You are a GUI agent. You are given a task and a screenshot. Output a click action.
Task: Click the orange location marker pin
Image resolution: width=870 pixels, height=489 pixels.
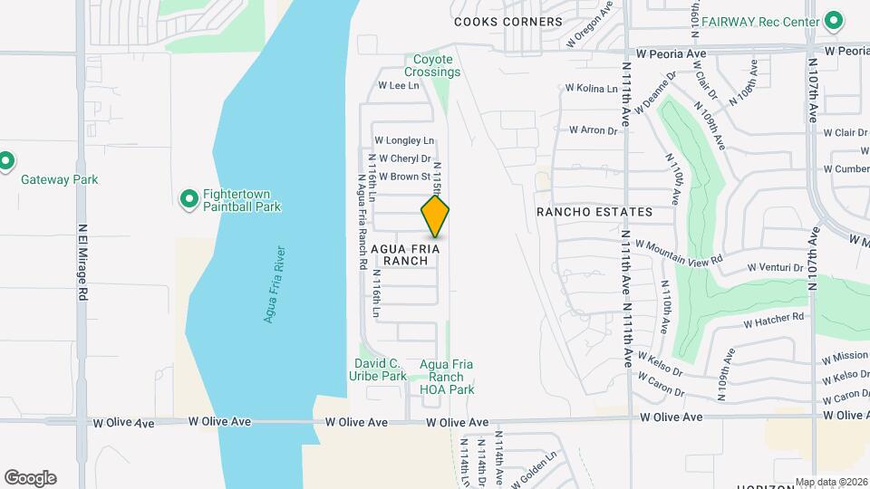(x=436, y=216)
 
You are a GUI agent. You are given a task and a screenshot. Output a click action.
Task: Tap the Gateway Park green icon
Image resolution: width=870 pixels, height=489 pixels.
(x=6, y=161)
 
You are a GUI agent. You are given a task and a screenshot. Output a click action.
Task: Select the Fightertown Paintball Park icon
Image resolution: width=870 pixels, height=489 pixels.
(x=189, y=198)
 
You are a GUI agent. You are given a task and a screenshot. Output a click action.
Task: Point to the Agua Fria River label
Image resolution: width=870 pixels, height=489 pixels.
(x=274, y=283)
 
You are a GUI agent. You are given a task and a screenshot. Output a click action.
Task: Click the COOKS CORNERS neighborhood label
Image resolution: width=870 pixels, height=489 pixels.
(x=508, y=22)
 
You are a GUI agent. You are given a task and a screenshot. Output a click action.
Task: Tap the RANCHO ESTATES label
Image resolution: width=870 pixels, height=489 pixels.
(x=594, y=212)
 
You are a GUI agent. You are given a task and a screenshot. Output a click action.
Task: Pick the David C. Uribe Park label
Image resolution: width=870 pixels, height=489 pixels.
(x=380, y=369)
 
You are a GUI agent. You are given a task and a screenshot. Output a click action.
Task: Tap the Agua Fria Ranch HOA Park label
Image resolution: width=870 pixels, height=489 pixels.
(x=448, y=378)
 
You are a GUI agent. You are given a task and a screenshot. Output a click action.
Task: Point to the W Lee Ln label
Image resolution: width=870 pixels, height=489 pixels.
(x=398, y=86)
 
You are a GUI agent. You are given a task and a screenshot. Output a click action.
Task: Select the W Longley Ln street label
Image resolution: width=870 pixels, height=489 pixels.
(x=404, y=140)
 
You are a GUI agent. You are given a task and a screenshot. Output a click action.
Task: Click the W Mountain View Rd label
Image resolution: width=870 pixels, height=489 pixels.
(x=679, y=251)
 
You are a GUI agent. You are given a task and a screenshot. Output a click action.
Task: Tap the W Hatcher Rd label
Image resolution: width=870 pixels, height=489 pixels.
(x=773, y=320)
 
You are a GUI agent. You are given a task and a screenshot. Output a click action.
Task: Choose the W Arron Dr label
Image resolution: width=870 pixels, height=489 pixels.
(x=593, y=130)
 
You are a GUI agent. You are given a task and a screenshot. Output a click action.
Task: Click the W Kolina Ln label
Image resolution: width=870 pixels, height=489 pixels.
(x=591, y=88)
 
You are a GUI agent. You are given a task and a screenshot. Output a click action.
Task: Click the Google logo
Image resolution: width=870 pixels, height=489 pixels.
(x=30, y=477)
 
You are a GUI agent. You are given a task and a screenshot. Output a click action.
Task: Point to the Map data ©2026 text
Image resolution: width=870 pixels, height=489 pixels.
(x=830, y=482)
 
